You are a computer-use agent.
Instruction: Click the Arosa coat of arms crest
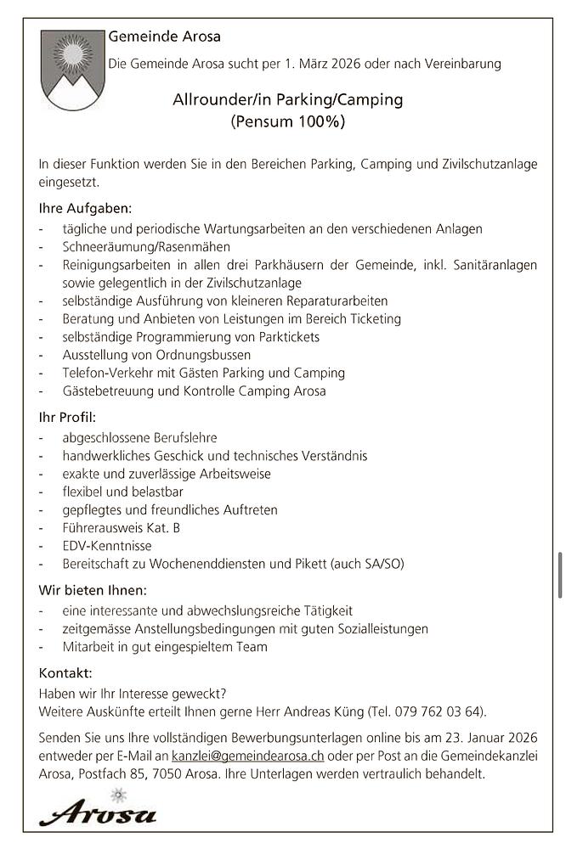pos(71,70)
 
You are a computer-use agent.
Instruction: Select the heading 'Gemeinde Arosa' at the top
pos(164,37)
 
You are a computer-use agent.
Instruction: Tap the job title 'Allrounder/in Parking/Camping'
pos(287,100)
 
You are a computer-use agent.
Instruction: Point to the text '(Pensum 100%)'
pos(287,121)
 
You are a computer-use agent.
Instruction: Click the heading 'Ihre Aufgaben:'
pos(85,208)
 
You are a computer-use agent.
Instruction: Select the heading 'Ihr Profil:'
pos(67,417)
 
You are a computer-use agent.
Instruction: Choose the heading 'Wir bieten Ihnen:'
pos(93,590)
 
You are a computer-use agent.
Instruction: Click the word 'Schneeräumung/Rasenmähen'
pos(146,247)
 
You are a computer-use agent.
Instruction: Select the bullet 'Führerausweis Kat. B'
pos(121,528)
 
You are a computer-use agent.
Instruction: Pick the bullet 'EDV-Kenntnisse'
pos(107,546)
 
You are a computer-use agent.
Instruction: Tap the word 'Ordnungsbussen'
pos(207,354)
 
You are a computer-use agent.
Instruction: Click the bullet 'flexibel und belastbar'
pos(122,492)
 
